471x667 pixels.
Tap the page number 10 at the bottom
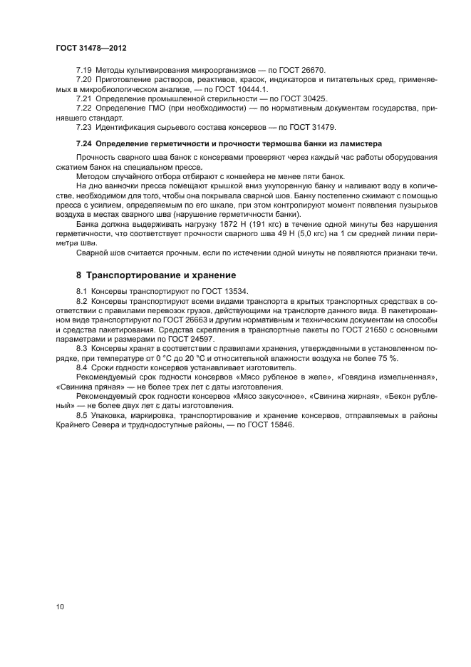60,607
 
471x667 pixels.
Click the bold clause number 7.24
86,143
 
